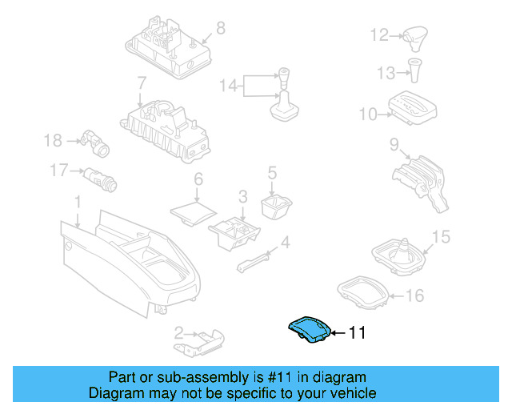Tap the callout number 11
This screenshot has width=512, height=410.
point(357,332)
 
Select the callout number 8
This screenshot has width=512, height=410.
point(221,28)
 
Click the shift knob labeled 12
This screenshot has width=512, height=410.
point(416,34)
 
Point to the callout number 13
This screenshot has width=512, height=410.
point(386,74)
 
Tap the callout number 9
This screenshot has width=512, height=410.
point(394,145)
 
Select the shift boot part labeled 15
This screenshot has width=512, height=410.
point(402,253)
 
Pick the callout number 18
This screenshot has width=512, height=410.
point(53,141)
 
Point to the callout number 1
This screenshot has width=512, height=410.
point(78,199)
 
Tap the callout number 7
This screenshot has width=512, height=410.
point(141,82)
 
